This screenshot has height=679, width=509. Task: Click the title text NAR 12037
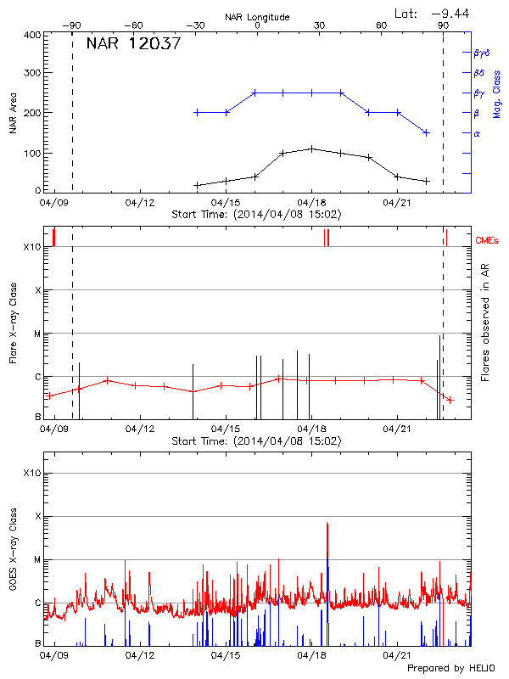[133, 44]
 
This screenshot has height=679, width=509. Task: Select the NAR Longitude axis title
[257, 16]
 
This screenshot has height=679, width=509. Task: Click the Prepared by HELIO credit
[450, 668]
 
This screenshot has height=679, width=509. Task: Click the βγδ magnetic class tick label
[481, 53]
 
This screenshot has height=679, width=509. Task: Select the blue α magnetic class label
[477, 133]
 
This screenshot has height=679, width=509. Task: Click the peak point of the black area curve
[312, 149]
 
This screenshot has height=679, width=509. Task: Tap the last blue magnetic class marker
[427, 132]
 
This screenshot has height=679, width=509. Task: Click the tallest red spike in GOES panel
[327, 525]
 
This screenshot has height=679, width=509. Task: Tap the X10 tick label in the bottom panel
[32, 473]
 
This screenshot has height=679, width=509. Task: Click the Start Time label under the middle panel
[256, 441]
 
